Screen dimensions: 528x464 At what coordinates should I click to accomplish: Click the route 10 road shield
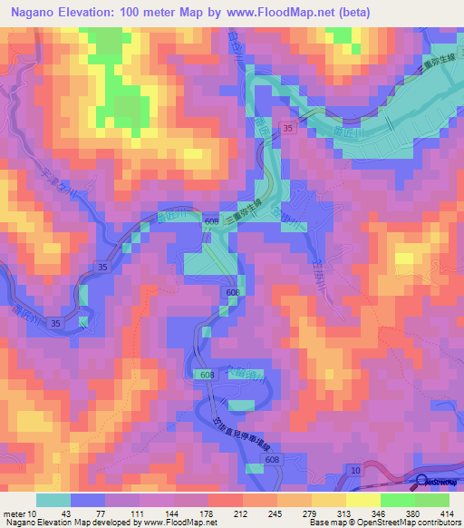pyautogui.click(x=355, y=473)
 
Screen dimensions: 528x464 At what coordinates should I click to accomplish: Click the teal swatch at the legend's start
pyautogui.click(x=53, y=500)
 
